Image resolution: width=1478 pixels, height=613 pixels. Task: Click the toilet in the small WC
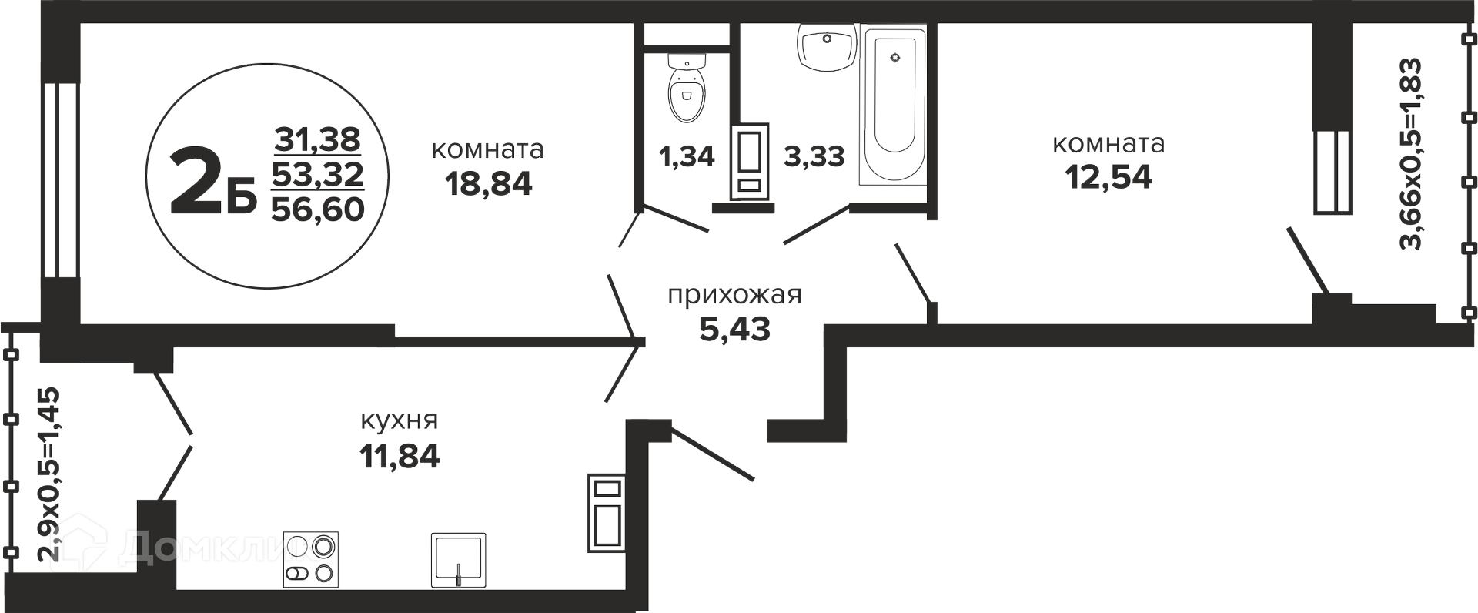coord(687,88)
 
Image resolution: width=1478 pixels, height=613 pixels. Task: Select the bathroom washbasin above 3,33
coord(827,47)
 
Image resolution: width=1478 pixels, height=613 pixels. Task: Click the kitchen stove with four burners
coord(311,560)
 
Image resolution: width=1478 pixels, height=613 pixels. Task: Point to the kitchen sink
coord(458,560)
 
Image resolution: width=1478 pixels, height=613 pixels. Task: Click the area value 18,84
coord(488,183)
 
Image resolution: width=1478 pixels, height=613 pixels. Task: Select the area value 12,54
coord(1108,177)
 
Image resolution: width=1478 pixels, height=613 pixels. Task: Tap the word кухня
coord(400,420)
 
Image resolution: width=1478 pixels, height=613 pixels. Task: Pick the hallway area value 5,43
coord(734,330)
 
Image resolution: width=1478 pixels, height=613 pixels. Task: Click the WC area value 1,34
coord(687,156)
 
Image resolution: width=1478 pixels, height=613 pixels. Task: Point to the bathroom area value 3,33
coord(814,156)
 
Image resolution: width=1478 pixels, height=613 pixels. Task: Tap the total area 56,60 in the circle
coord(318,209)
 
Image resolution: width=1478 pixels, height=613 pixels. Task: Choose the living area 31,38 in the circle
coord(318,139)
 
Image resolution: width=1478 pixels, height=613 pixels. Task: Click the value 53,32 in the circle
coord(318,175)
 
